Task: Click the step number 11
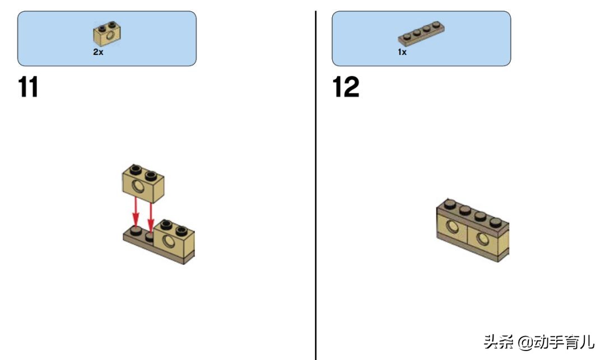click(28, 87)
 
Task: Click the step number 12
click(346, 87)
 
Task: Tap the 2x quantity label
click(98, 52)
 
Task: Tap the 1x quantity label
click(402, 52)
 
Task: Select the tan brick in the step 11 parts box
click(107, 34)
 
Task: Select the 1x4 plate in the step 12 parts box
click(421, 34)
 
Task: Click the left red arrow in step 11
click(136, 212)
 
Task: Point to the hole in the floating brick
click(138, 186)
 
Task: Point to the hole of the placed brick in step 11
click(168, 242)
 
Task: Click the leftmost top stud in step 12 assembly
click(450, 203)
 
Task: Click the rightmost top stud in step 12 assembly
click(496, 222)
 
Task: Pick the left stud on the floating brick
click(136, 169)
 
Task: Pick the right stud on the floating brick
click(151, 175)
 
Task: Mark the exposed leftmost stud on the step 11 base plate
click(136, 231)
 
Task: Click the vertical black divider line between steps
click(315, 185)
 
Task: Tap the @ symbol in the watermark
click(525, 342)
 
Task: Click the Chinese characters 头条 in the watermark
click(499, 342)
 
